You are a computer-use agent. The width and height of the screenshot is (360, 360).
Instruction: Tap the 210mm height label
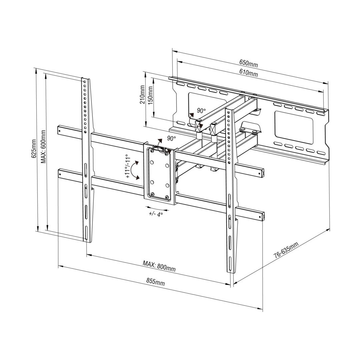[x=143, y=95]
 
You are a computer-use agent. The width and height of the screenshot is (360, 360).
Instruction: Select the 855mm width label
[x=156, y=282]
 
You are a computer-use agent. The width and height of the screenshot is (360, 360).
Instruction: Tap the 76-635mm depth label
[x=286, y=251]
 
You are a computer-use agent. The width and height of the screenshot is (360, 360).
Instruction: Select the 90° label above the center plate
[x=171, y=138]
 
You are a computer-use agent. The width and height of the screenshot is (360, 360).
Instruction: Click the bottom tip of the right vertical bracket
[x=231, y=272]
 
